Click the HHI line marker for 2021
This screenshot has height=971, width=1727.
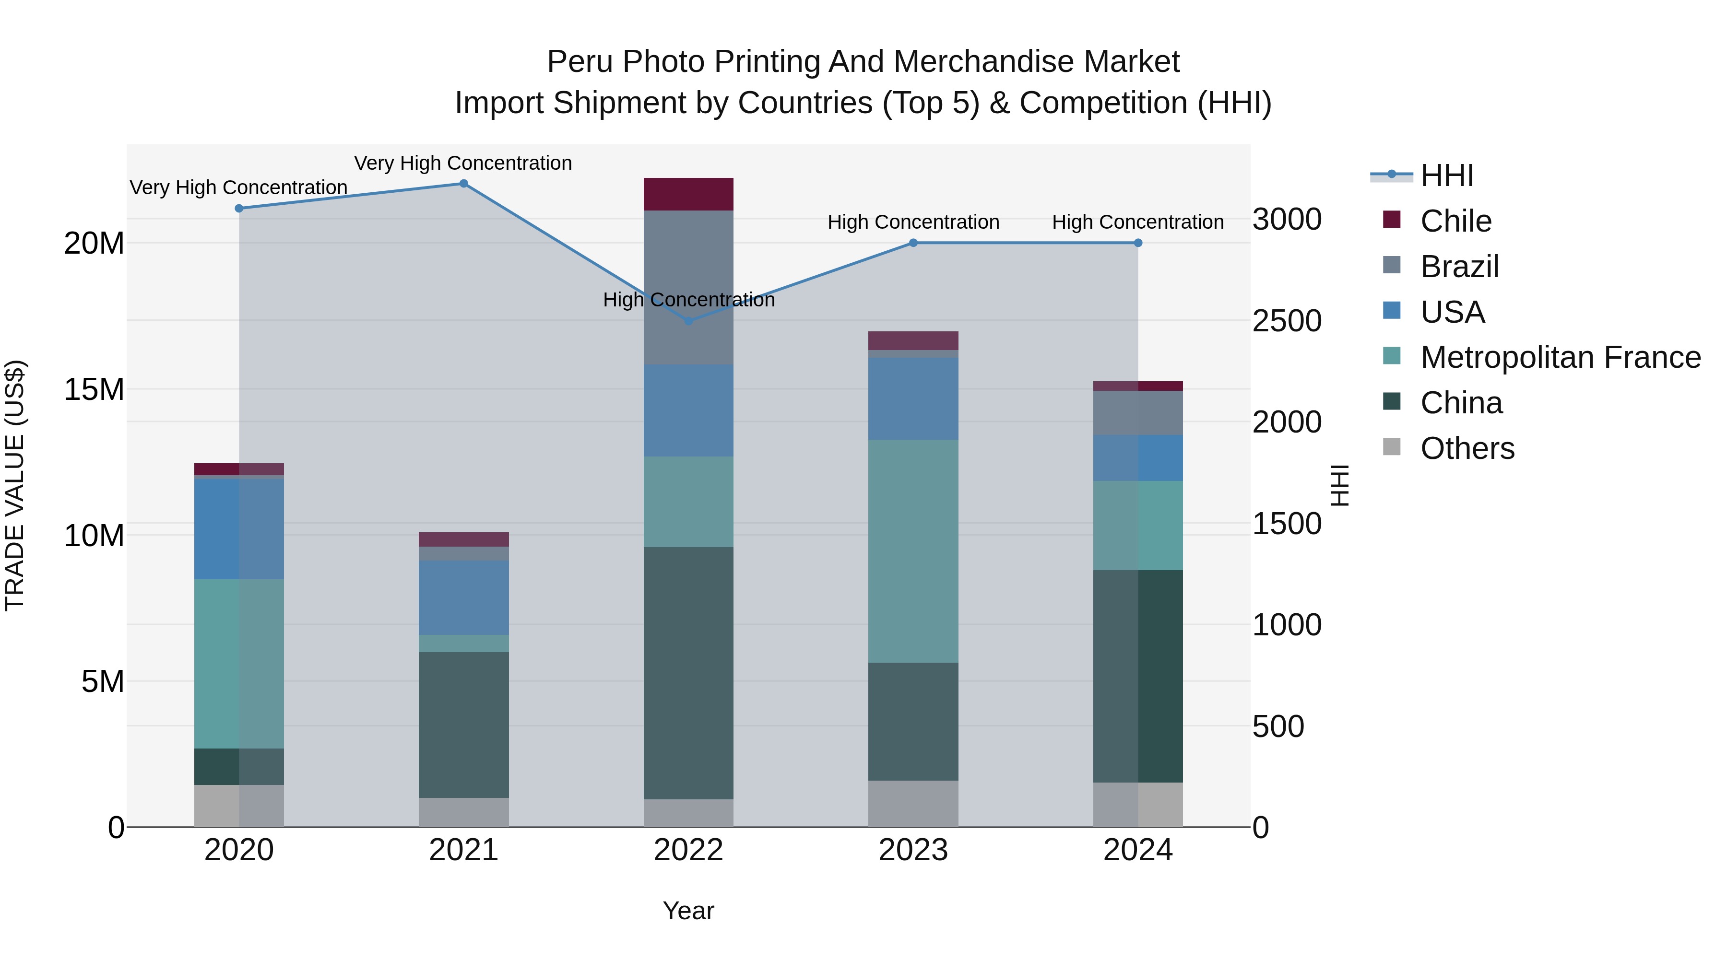pyautogui.click(x=463, y=184)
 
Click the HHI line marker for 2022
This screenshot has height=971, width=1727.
pyautogui.click(x=688, y=321)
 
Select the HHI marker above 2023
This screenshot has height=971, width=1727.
pyautogui.click(x=913, y=243)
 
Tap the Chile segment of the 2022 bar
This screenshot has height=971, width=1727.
pyautogui.click(x=688, y=194)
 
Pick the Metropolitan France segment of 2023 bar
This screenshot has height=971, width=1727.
pyautogui.click(x=913, y=551)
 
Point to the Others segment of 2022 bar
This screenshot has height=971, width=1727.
pyautogui.click(x=688, y=812)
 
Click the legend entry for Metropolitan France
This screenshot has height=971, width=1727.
pyautogui.click(x=1560, y=357)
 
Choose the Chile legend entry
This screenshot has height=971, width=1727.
pyautogui.click(x=1455, y=221)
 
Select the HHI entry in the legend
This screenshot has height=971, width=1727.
pyautogui.click(x=1446, y=175)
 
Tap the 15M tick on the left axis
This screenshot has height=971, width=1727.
pyautogui.click(x=94, y=389)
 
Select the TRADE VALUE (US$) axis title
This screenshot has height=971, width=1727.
pyautogui.click(x=15, y=485)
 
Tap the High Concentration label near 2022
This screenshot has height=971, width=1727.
pyautogui.click(x=688, y=300)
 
